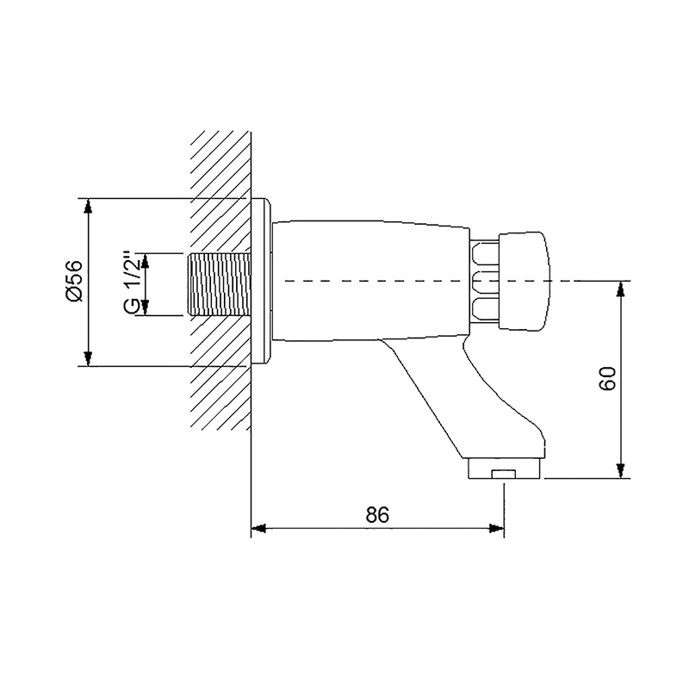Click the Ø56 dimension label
tap(73, 282)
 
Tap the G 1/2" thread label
tap(133, 283)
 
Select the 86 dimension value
tap(377, 514)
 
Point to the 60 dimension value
tap(608, 378)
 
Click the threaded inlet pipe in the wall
tap(220, 284)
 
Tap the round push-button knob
tap(524, 281)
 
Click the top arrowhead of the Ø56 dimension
tap(89, 207)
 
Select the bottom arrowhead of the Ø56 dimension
tap(89, 358)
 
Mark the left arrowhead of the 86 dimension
tap(259, 528)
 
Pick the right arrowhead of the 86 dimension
tap(497, 528)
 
